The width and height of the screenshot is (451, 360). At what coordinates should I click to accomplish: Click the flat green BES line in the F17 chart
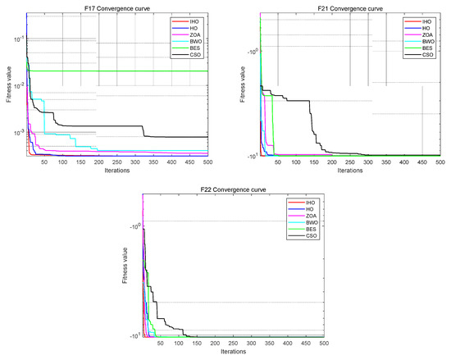[123, 71]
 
